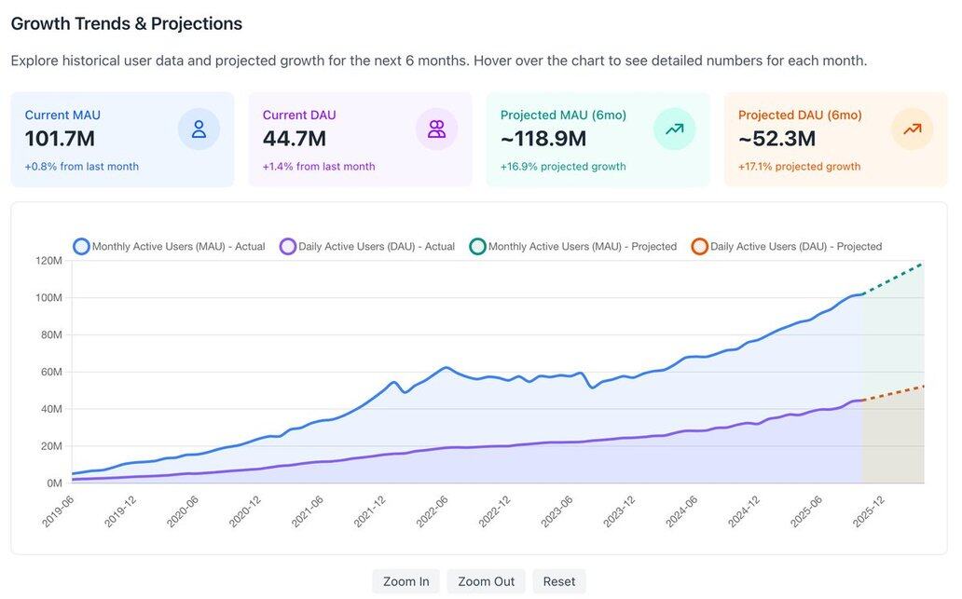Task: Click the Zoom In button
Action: (x=405, y=581)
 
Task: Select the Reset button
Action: (x=559, y=581)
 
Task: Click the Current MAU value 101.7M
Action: (x=60, y=139)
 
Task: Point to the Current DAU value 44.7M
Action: (x=294, y=139)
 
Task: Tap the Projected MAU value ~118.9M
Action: (x=543, y=139)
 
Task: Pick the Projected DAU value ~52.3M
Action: (x=777, y=139)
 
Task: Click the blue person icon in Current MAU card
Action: (x=199, y=129)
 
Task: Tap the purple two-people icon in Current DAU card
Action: (x=436, y=129)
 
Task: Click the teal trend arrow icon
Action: (x=674, y=129)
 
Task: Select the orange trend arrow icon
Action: (x=912, y=129)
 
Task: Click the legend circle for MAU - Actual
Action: (x=81, y=247)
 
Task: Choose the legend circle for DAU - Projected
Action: (x=699, y=247)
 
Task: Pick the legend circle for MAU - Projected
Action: (x=477, y=247)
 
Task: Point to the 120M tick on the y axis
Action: (x=48, y=261)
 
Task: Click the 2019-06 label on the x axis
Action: (x=58, y=511)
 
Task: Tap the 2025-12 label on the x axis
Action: (x=869, y=511)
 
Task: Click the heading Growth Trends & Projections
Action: (x=127, y=24)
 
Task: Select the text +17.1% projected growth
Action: (x=799, y=167)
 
